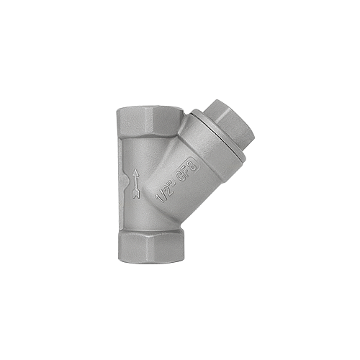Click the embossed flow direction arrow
(x=136, y=184)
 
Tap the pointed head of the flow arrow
(x=136, y=172)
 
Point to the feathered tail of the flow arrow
(x=136, y=194)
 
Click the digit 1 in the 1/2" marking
(x=159, y=199)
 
